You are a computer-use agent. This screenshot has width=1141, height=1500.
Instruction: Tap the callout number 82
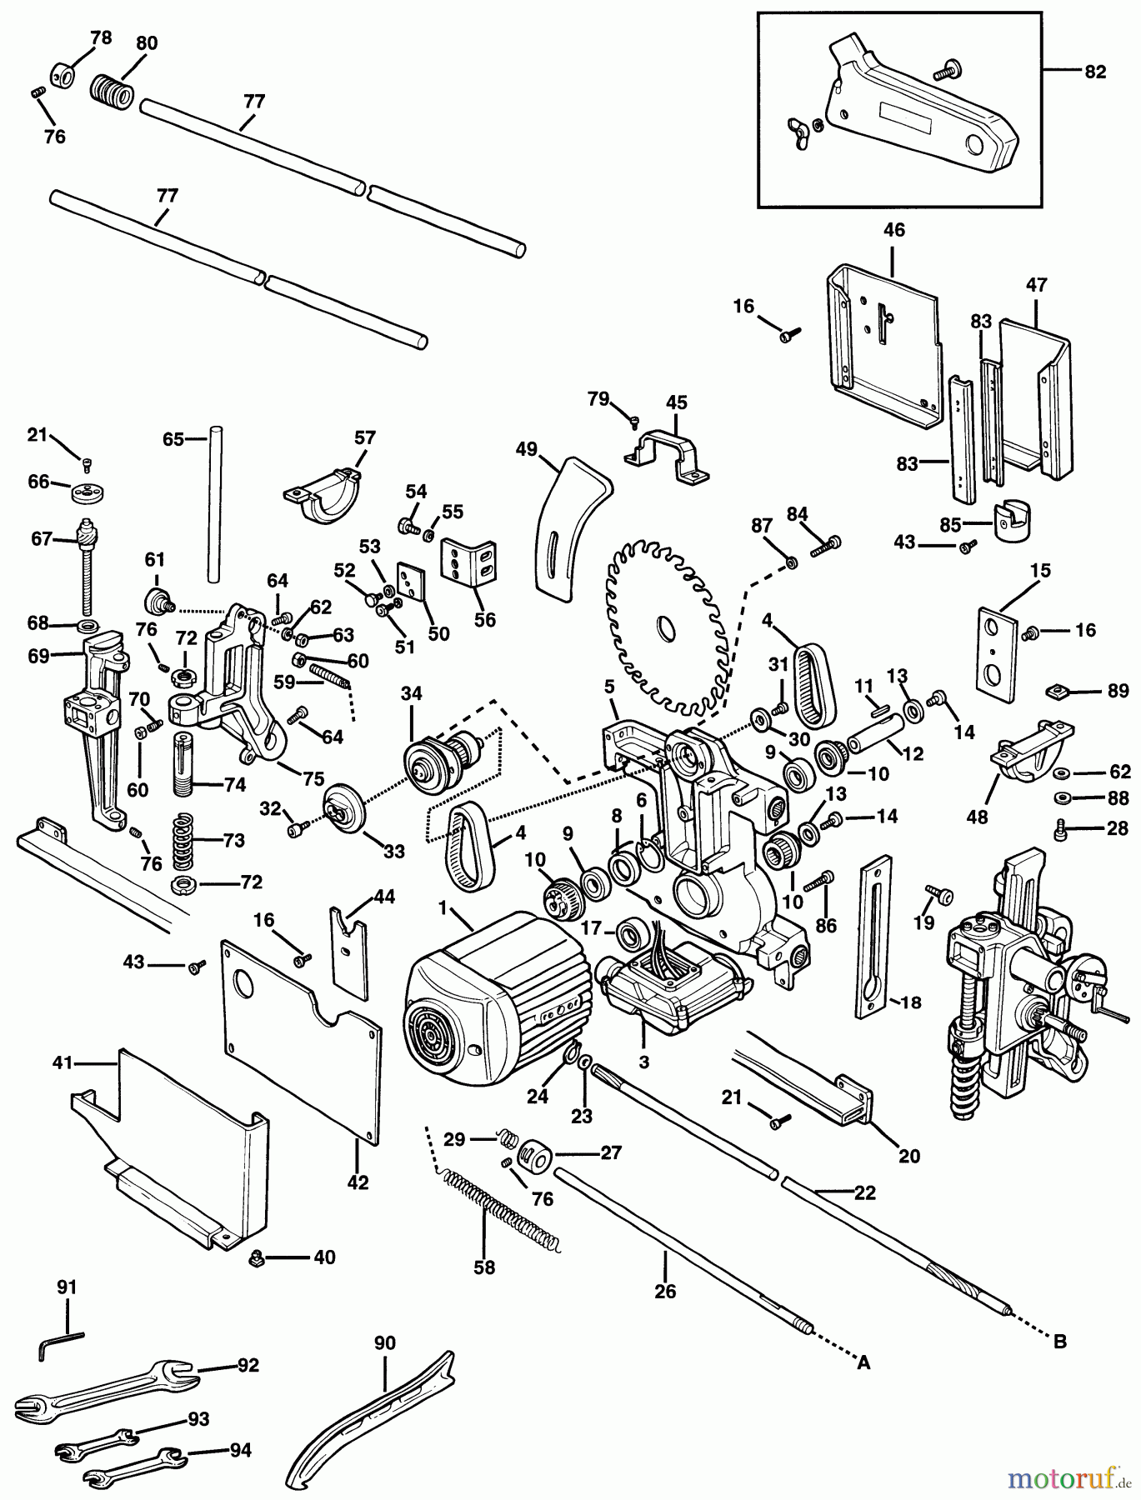[x=1094, y=72]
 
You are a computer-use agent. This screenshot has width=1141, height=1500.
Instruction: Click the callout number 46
[x=894, y=231]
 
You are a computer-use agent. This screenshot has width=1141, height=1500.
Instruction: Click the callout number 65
[x=173, y=438]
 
